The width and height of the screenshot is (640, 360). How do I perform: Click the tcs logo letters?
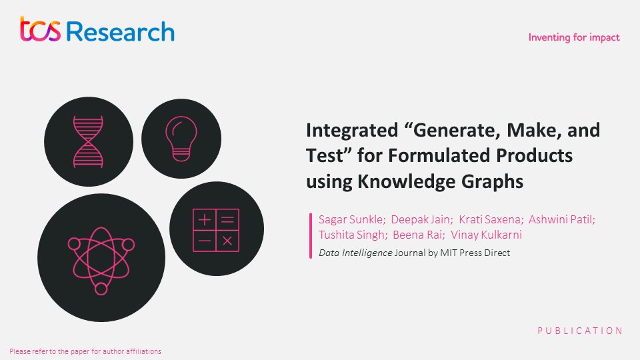[x=42, y=31]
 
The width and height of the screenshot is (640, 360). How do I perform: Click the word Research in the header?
[x=121, y=31]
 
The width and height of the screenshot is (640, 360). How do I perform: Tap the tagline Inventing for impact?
[x=573, y=37]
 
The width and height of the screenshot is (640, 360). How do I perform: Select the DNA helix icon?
[x=89, y=141]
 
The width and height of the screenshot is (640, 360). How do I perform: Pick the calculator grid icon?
[x=215, y=231]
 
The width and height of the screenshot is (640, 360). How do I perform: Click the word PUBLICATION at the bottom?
[x=580, y=331]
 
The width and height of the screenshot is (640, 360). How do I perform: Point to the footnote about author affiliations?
[x=85, y=351]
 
